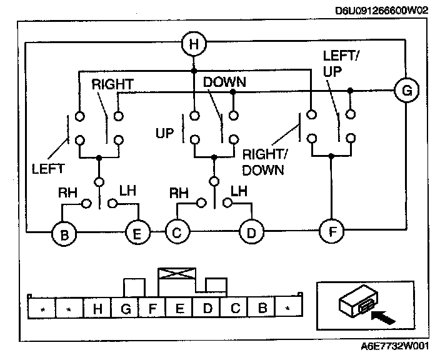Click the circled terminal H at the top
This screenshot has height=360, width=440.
coord(193,44)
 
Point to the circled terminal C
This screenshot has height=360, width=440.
coord(177,233)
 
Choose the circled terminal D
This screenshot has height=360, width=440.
coord(251,233)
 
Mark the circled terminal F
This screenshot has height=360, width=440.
coord(331,231)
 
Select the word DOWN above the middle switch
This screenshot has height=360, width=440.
coord(224,82)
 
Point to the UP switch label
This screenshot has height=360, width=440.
coord(164,132)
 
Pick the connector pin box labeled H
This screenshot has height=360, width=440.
coord(97,307)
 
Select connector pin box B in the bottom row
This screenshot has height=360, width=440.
coord(262,307)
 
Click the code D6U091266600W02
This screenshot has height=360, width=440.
coord(382,10)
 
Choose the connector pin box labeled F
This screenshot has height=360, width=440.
coord(152,307)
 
